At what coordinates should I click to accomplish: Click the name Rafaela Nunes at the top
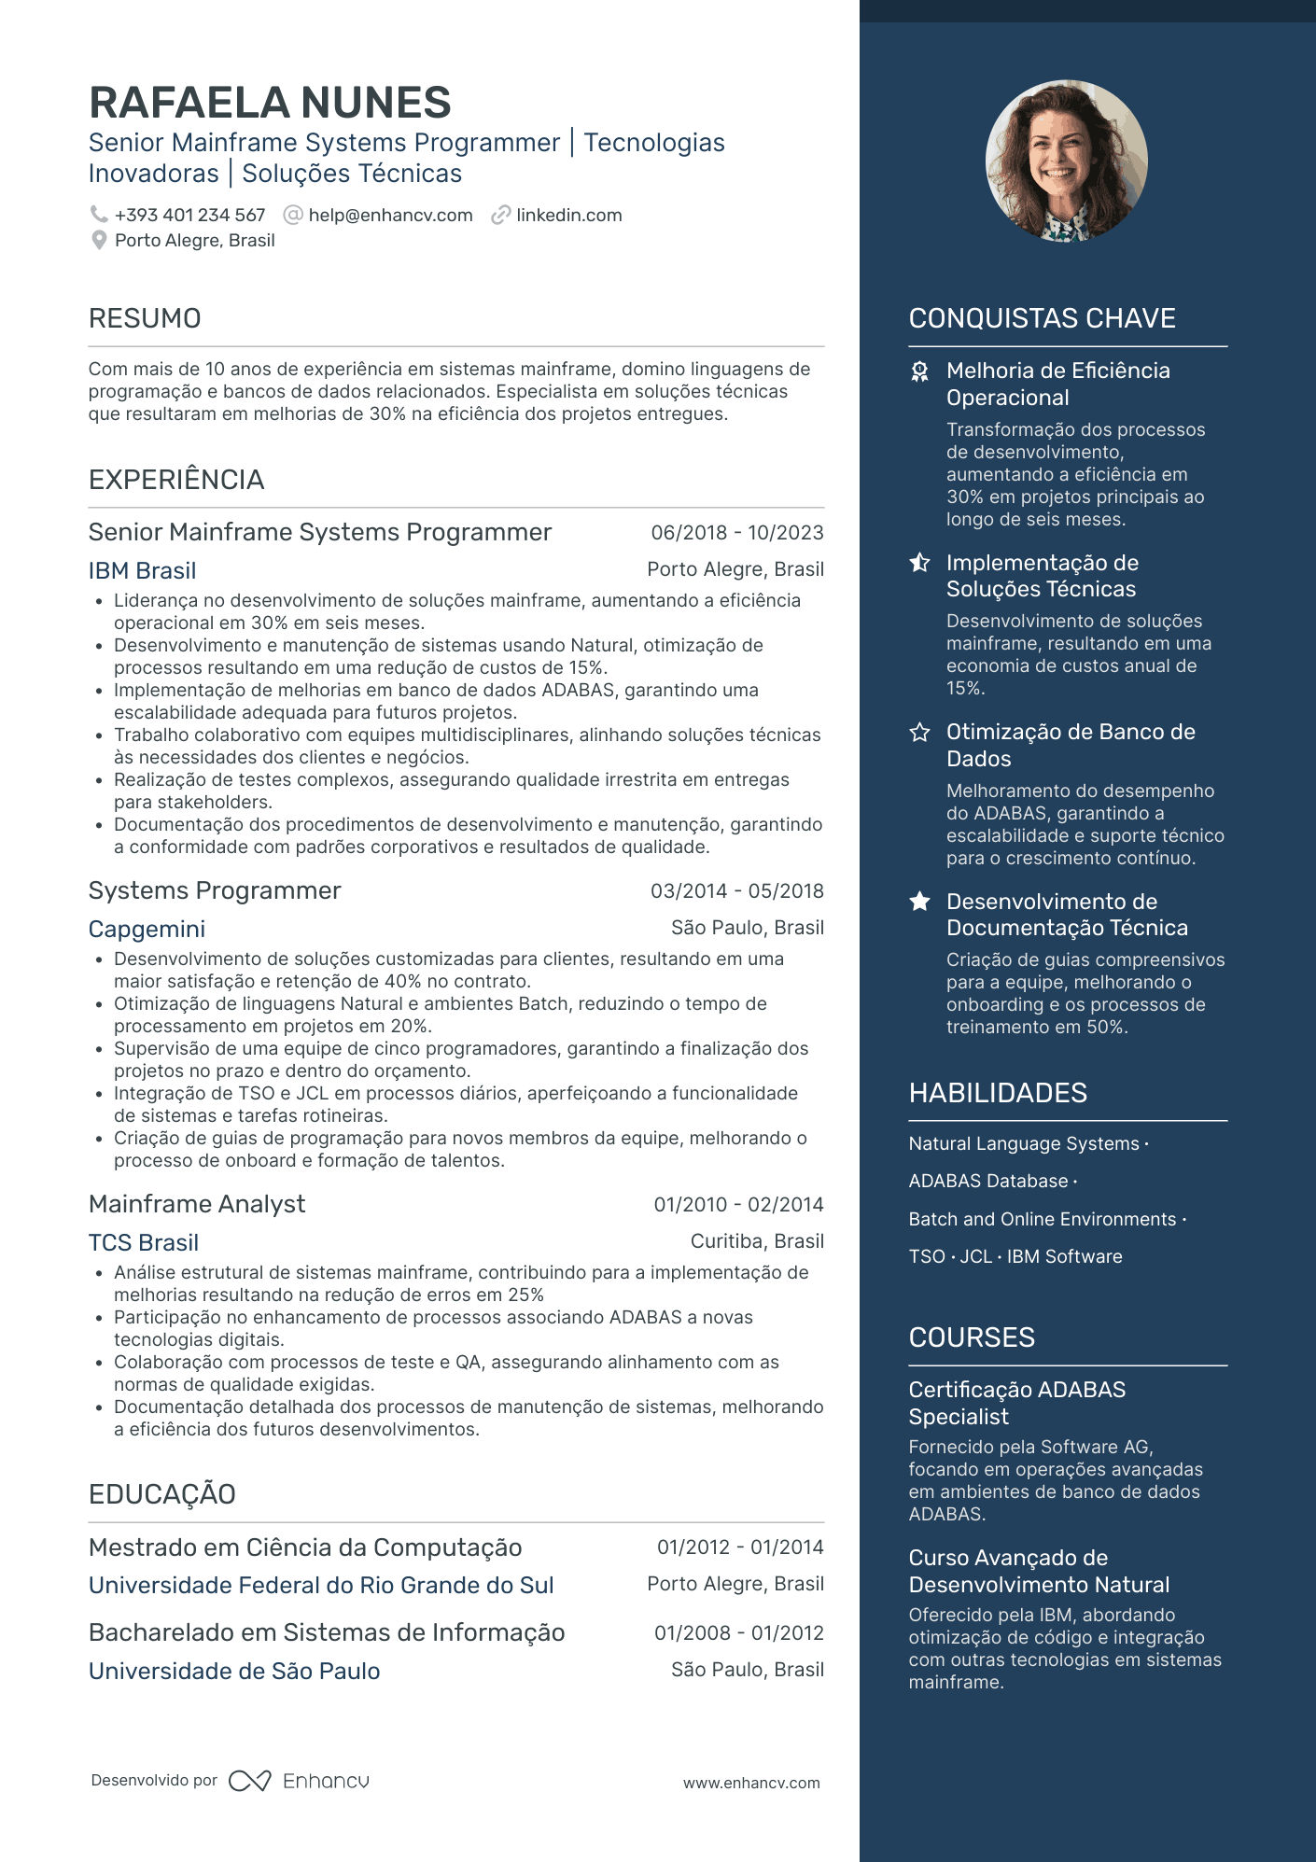click(270, 103)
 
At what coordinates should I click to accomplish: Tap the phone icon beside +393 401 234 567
click(98, 215)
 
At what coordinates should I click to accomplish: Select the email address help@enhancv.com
click(390, 216)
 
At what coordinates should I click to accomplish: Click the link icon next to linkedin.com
click(501, 216)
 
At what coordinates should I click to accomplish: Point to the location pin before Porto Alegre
click(99, 241)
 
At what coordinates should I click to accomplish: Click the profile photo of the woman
click(1066, 161)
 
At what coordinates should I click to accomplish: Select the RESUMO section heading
click(145, 318)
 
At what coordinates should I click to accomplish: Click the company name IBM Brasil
click(142, 570)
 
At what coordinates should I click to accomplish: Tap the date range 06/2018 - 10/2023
click(736, 533)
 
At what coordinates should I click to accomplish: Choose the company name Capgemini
click(147, 929)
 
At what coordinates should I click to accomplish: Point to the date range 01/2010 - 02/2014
click(738, 1205)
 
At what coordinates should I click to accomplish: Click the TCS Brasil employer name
click(144, 1242)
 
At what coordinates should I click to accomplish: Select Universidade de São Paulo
click(234, 1671)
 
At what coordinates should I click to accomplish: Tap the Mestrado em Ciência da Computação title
click(305, 1547)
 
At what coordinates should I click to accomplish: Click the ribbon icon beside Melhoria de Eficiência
click(920, 372)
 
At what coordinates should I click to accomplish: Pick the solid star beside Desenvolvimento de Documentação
click(920, 902)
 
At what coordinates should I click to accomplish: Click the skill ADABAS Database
click(987, 1181)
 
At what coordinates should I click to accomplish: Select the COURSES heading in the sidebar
click(972, 1337)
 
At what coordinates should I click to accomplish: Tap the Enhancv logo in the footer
click(300, 1781)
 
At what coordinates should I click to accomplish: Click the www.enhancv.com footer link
click(751, 1783)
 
